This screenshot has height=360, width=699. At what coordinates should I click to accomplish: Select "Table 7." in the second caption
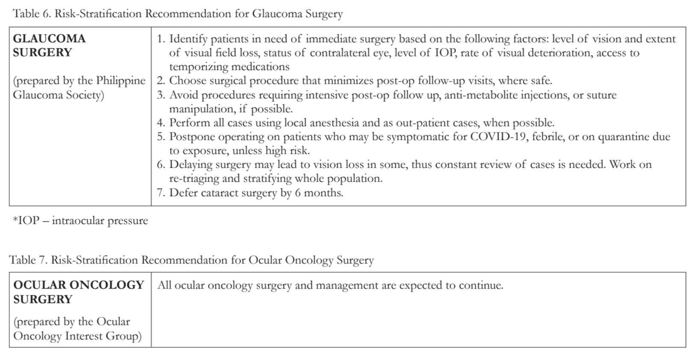pos(28,260)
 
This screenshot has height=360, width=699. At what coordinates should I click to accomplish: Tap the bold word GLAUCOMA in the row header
pos(49,38)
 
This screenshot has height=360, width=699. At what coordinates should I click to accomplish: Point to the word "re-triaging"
pos(194,178)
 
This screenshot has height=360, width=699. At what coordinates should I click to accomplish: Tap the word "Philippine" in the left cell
pos(121,81)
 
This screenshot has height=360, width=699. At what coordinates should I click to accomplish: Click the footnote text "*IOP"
pos(26,221)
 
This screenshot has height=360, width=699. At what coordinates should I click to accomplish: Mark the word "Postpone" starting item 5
pos(192,137)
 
